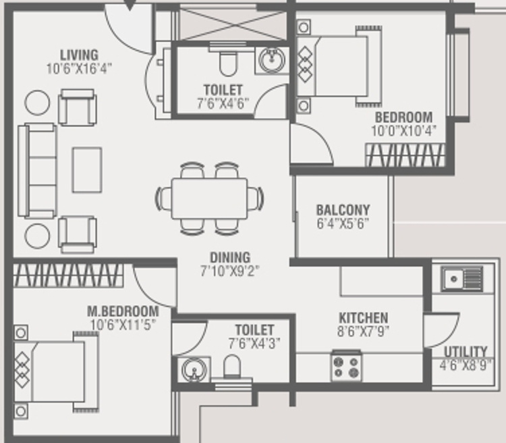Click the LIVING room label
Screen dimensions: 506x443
click(80, 55)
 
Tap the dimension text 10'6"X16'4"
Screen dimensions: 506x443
click(80, 69)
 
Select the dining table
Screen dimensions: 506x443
click(209, 199)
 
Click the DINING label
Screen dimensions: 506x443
click(230, 257)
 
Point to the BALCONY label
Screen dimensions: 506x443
click(343, 210)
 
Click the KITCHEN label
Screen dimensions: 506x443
click(364, 318)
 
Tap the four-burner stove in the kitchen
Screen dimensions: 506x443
click(346, 366)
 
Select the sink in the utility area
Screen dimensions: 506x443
click(462, 278)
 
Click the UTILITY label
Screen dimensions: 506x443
click(466, 352)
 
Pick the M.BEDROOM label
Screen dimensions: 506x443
click(123, 311)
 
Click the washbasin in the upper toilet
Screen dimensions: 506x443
click(272, 60)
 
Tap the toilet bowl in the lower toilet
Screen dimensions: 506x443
click(232, 366)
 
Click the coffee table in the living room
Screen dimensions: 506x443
click(87, 170)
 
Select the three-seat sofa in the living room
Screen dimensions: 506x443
click(37, 171)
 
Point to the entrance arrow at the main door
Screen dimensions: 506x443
click(130, 5)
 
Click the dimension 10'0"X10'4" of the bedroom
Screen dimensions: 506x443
click(403, 131)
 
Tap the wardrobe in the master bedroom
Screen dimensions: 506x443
click(68, 276)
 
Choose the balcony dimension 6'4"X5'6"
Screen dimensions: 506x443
click(343, 224)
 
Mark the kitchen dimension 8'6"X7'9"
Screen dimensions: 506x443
click(363, 331)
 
